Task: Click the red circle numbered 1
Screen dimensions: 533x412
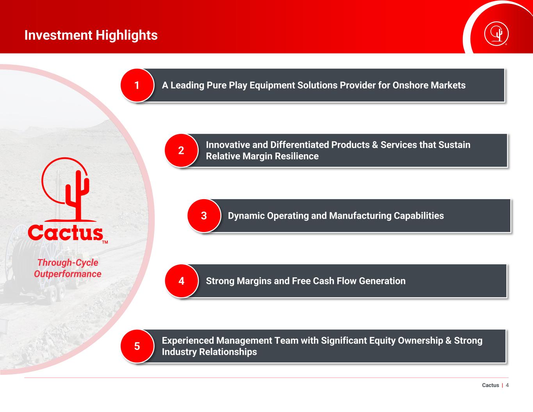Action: pyautogui.click(x=137, y=85)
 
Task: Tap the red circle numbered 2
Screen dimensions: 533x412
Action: pyautogui.click(x=181, y=150)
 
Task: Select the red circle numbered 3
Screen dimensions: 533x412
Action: pyautogui.click(x=204, y=216)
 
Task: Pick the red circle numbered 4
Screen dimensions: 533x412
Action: pyautogui.click(x=181, y=281)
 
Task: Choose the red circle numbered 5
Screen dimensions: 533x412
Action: pyautogui.click(x=137, y=346)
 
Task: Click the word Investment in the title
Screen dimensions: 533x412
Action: pyautogui.click(x=59, y=35)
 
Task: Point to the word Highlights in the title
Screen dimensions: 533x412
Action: pyautogui.click(x=127, y=35)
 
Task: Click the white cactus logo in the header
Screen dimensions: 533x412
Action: pyautogui.click(x=496, y=34)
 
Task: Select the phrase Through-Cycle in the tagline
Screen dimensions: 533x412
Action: pyautogui.click(x=68, y=262)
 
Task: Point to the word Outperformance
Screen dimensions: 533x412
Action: pyautogui.click(x=68, y=274)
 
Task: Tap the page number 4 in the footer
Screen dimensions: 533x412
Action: pyautogui.click(x=507, y=385)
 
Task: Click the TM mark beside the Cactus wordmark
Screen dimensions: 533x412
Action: pyautogui.click(x=105, y=242)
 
